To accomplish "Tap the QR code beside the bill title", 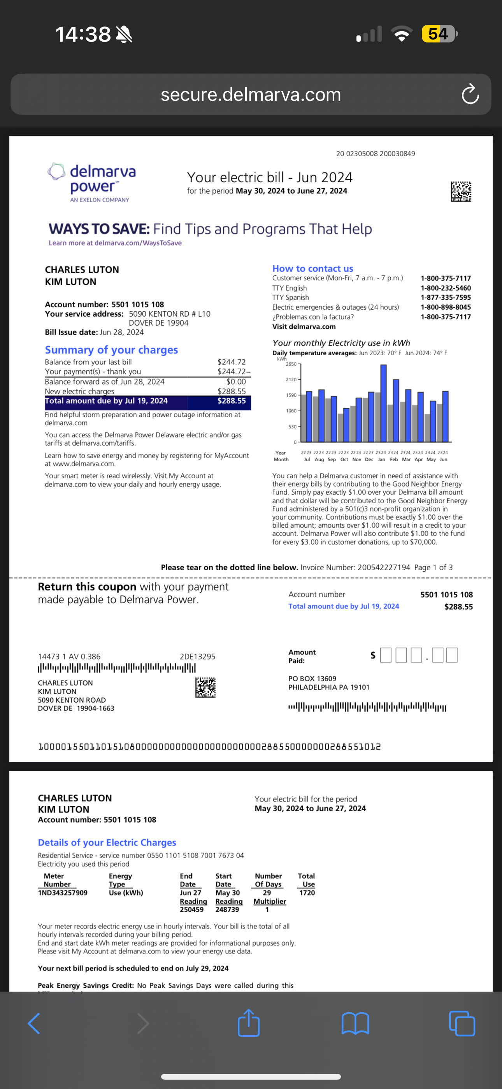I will pyautogui.click(x=461, y=192).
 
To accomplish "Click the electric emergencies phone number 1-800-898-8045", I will pyautogui.click(x=445, y=307).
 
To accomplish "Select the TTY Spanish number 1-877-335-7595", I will pyautogui.click(x=445, y=298).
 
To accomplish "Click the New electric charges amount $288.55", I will pyautogui.click(x=232, y=391).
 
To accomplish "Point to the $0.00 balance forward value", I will pyautogui.click(x=236, y=382).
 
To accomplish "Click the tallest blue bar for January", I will pyautogui.click(x=383, y=403).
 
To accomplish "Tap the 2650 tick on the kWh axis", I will pyautogui.click(x=291, y=364).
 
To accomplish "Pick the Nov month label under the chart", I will pyautogui.click(x=356, y=460).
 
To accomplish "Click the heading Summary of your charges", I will pyautogui.click(x=112, y=350).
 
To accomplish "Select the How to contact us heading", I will pyautogui.click(x=313, y=268).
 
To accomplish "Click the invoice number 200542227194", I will pyautogui.click(x=384, y=567).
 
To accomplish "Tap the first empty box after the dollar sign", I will pyautogui.click(x=385, y=655).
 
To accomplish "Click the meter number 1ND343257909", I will pyautogui.click(x=63, y=893).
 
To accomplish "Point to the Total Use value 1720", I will pyautogui.click(x=307, y=893).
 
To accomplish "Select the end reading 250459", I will pyautogui.click(x=192, y=910).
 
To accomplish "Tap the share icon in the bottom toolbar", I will pyautogui.click(x=248, y=1023).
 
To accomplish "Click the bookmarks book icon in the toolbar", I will pyautogui.click(x=355, y=1023).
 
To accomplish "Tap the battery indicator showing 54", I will pyautogui.click(x=439, y=34).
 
